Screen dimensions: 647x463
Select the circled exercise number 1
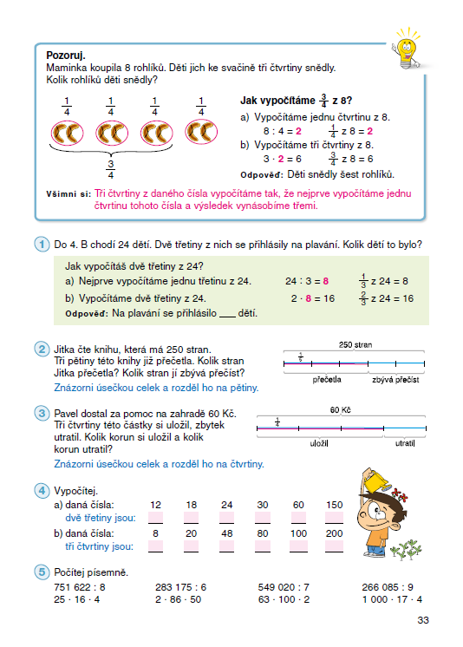click(x=41, y=245)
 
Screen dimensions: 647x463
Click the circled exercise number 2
click(x=41, y=350)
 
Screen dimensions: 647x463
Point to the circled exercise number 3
click(x=41, y=413)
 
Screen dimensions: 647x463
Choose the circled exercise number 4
click(x=41, y=490)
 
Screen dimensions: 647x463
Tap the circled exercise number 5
click(x=41, y=572)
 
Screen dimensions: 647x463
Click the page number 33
click(x=423, y=619)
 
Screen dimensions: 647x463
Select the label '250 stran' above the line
click(x=355, y=344)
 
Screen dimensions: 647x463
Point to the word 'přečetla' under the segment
click(x=329, y=379)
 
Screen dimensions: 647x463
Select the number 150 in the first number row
click(x=333, y=504)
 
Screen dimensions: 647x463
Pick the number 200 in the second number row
click(x=333, y=533)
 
